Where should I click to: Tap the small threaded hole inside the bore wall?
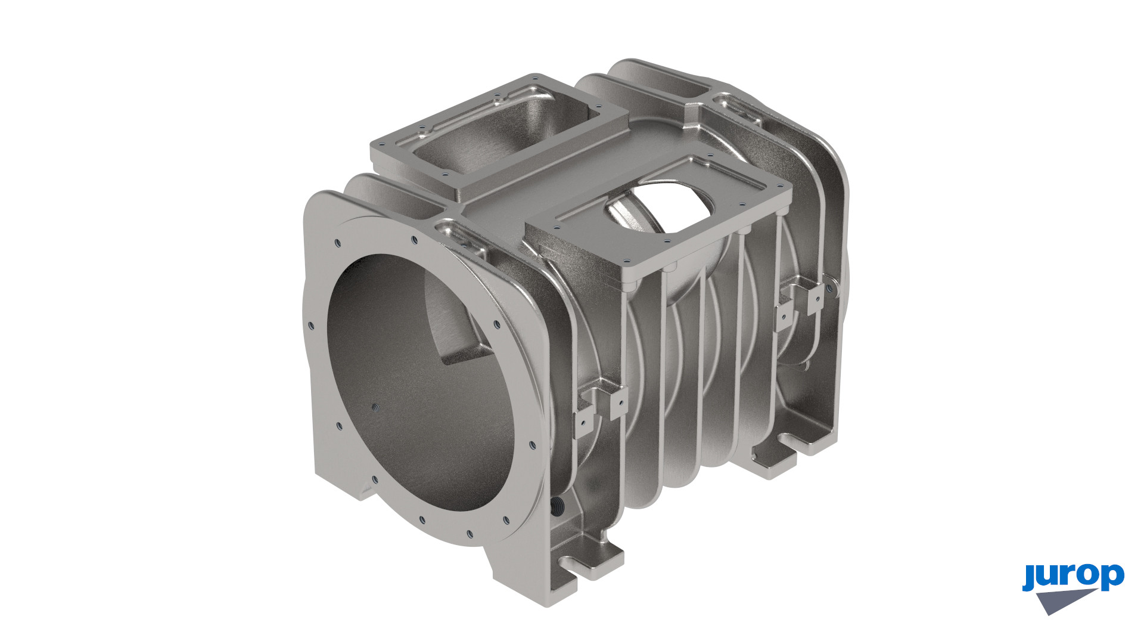click(x=375, y=408)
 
